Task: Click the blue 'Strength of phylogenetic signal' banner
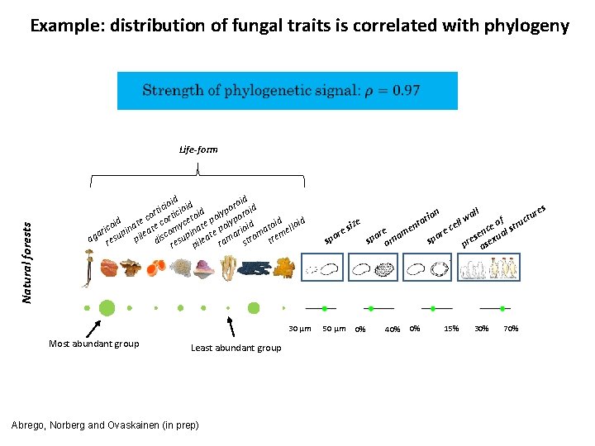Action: tap(287, 90)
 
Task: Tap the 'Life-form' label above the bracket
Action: tap(198, 149)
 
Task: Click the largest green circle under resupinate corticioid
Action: tap(107, 308)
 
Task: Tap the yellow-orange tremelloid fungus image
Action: tap(285, 267)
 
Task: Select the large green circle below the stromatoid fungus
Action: tap(254, 308)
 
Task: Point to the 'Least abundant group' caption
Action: tap(236, 348)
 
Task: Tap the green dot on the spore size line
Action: tap(325, 308)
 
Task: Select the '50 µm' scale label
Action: tap(333, 329)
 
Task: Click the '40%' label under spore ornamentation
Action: tap(392, 329)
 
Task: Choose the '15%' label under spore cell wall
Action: tap(451, 329)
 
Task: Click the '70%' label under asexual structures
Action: tap(511, 329)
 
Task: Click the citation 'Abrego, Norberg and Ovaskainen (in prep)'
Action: tap(104, 425)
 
